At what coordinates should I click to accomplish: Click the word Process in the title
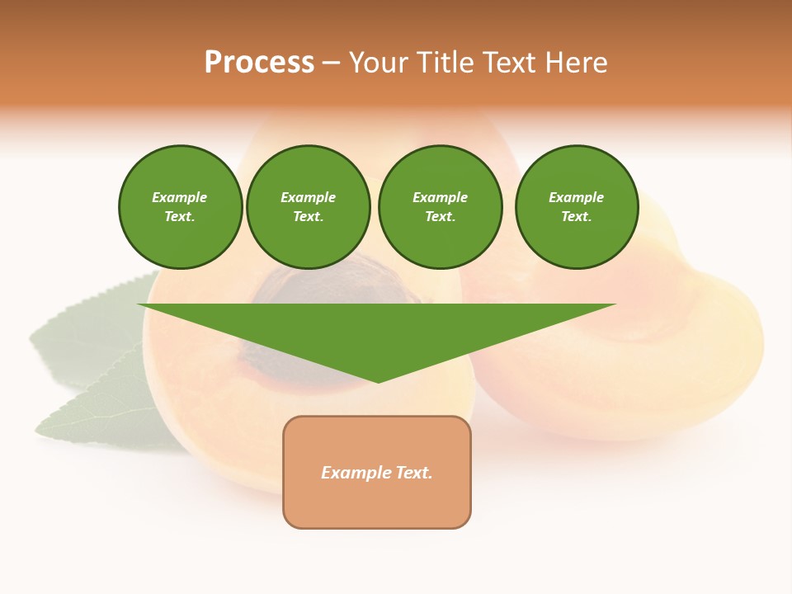point(259,63)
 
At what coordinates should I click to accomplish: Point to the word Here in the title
point(575,63)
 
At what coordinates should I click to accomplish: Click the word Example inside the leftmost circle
point(180,197)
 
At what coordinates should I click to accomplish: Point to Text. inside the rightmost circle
point(577,217)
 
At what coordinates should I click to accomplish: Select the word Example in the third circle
point(440,197)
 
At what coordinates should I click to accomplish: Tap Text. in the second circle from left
point(309,217)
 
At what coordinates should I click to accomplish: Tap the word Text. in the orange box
point(414,473)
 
